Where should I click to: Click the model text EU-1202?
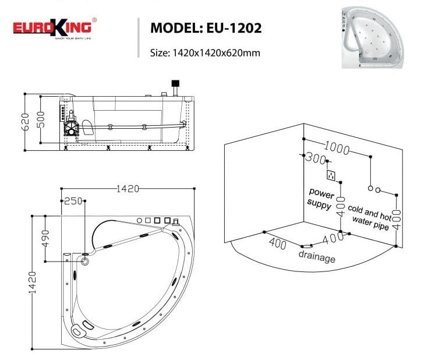[x=206, y=28]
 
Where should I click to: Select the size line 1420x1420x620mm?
[x=204, y=52]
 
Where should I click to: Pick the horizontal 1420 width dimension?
[x=128, y=189]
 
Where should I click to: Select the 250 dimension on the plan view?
[x=73, y=202]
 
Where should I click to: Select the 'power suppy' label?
[x=320, y=198]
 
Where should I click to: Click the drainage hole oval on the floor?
[x=309, y=246]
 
